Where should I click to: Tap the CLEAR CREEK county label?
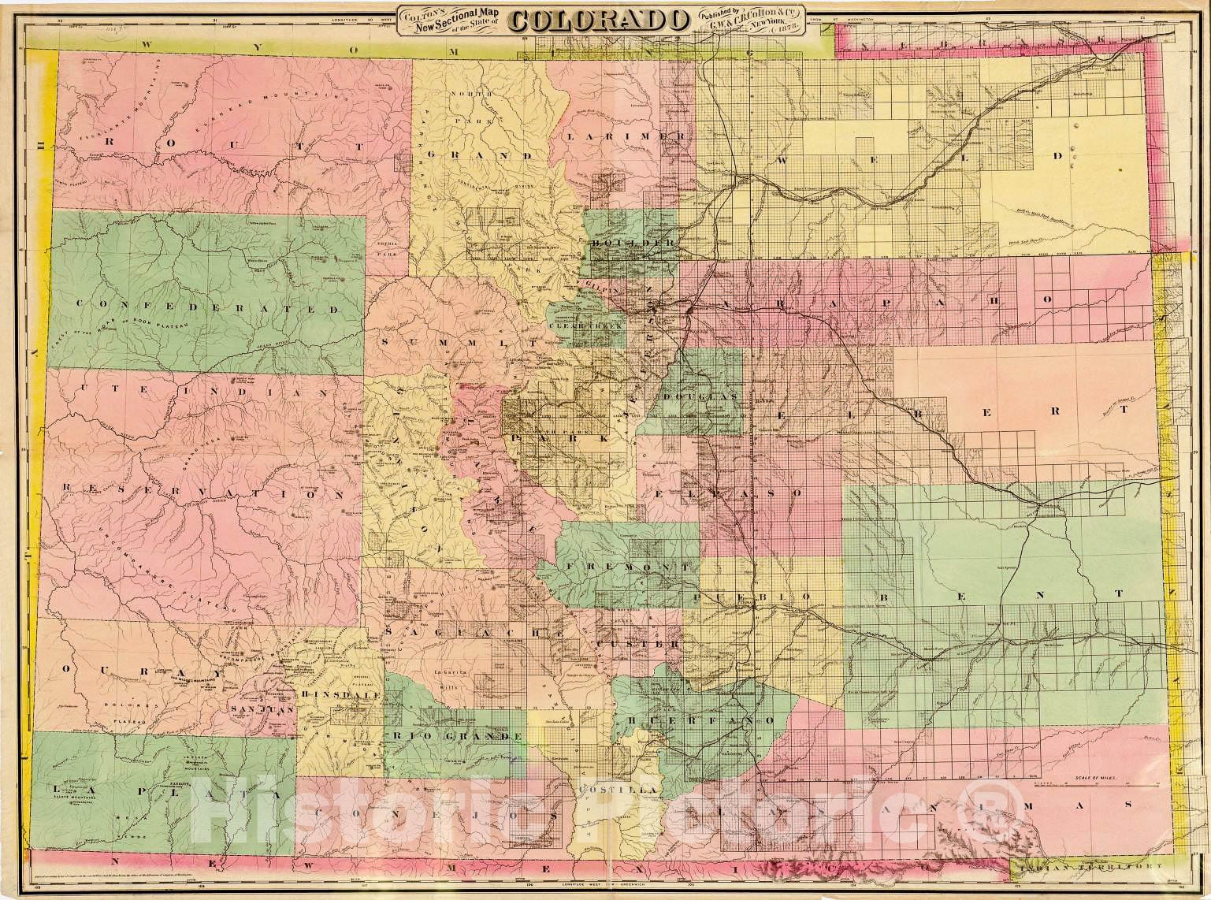(x=585, y=324)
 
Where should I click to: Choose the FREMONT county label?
(x=626, y=567)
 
